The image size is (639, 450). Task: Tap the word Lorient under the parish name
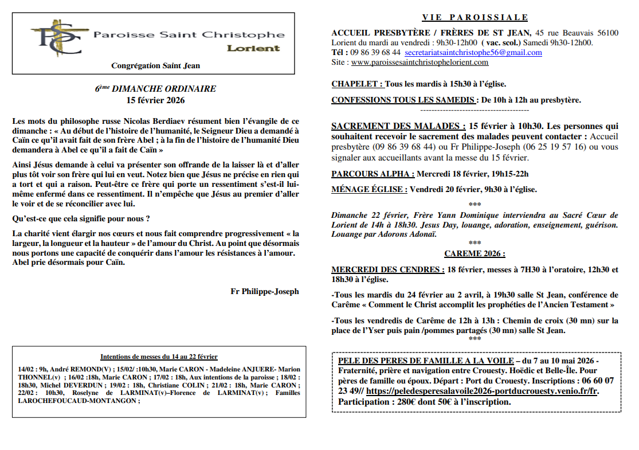(x=253, y=48)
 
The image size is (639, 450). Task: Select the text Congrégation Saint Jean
(x=155, y=66)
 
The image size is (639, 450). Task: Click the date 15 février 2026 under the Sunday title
(x=156, y=100)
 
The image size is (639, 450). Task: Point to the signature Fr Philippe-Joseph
(x=265, y=291)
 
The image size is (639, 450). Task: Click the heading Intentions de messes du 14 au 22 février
(x=159, y=357)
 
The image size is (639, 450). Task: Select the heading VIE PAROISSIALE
(x=475, y=18)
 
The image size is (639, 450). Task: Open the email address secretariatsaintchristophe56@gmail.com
(x=473, y=52)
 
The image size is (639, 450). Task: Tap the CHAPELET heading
(x=357, y=84)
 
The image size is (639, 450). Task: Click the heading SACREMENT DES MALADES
(x=398, y=126)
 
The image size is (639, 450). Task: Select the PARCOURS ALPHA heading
(x=373, y=174)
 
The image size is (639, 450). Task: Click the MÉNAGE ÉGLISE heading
(x=369, y=189)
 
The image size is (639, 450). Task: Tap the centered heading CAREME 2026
(x=475, y=253)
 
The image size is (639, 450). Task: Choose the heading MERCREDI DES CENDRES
(x=387, y=269)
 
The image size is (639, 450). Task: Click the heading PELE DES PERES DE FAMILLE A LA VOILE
(x=426, y=361)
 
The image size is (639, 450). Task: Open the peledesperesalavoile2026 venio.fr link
(x=482, y=391)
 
